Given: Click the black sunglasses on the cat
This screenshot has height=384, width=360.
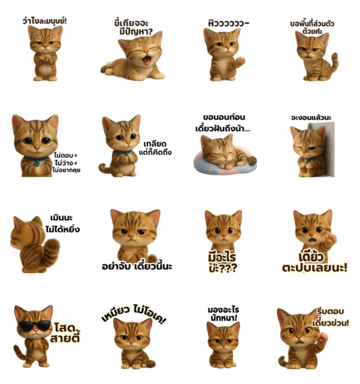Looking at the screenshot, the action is coord(35,326).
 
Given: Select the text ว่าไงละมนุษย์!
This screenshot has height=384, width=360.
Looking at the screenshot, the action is coord(45,21).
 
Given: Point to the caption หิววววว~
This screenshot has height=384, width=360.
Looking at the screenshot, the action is coord(229,24).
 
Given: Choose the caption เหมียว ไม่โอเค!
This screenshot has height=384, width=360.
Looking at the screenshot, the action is coord(134,314).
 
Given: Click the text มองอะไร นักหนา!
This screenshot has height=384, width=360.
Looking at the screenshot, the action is coord(224,314).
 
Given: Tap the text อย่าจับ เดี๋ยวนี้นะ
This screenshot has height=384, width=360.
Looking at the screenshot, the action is coord(137,266).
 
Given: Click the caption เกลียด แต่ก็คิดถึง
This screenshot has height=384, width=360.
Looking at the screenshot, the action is coord(155,148).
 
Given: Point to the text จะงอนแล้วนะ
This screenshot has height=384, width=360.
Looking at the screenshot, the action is coord(311,118).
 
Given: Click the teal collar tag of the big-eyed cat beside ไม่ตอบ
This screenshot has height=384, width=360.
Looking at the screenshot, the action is coord(37,164).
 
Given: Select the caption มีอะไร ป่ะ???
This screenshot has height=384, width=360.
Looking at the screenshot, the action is coord(222,262).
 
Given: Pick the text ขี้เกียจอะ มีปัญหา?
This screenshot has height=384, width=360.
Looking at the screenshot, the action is coord(134,28).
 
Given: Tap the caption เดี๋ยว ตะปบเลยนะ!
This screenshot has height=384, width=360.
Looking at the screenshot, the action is coord(315,262).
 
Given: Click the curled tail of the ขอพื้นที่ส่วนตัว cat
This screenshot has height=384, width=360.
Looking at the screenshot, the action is coord(334,63).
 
